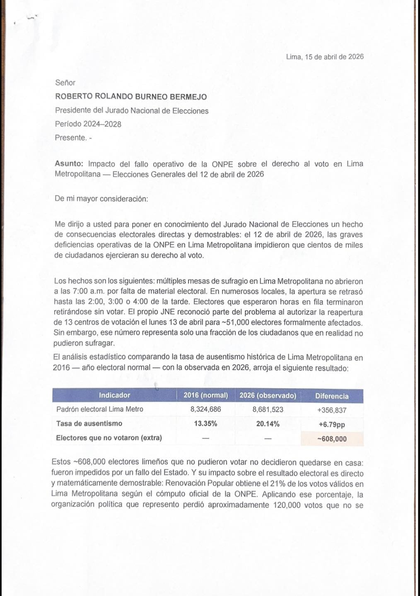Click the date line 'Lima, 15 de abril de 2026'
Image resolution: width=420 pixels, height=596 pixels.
pos(325,57)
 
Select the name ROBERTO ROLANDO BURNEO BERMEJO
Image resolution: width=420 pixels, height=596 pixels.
pos(131,97)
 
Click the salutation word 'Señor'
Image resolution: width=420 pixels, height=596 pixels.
pos(65,83)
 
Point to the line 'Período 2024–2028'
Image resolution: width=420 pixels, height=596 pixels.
pos(88,124)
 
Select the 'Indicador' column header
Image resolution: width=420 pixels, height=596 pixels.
pos(114,395)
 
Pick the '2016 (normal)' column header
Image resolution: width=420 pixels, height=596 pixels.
pos(205,395)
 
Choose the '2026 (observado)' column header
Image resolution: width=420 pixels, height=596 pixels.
pos(268,396)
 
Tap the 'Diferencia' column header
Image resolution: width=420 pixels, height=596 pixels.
pos(332,396)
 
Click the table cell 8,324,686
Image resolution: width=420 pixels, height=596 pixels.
pos(205,409)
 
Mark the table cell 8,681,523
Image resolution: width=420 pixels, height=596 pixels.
pos(268,409)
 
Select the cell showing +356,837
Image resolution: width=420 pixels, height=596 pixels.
pos(332,410)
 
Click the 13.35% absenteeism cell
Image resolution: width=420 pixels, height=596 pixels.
pos(205,424)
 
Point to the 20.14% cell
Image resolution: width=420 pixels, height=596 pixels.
pos(268,424)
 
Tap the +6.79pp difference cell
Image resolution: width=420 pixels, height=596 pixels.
pos(332,425)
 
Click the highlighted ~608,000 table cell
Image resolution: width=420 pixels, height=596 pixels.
pos(332,439)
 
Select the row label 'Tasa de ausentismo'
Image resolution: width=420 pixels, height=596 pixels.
pos(89,423)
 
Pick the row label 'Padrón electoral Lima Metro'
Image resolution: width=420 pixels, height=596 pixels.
pos(99,409)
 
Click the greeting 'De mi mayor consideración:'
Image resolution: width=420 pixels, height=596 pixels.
pos(101,199)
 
